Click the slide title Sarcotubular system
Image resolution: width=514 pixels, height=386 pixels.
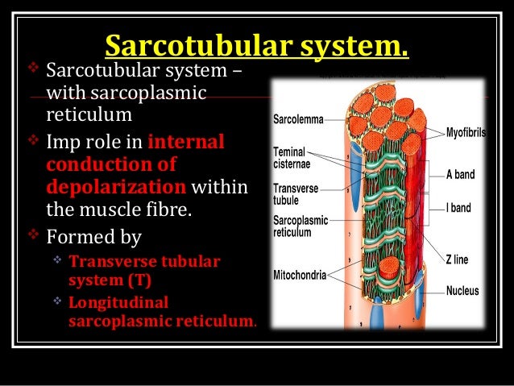tap(257, 46)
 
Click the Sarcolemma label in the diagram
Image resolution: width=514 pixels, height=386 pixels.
tap(298, 119)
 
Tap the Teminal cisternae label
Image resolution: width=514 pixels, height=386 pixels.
tap(292, 156)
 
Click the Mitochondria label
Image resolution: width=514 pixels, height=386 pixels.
tap(300, 275)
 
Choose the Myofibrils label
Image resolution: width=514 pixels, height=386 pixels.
tap(466, 132)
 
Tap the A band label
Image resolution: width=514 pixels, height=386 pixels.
tap(462, 172)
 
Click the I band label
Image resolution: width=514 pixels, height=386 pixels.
tap(459, 207)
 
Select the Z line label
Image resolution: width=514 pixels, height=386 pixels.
tap(458, 259)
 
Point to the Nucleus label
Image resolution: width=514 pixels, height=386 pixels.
tap(462, 290)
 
